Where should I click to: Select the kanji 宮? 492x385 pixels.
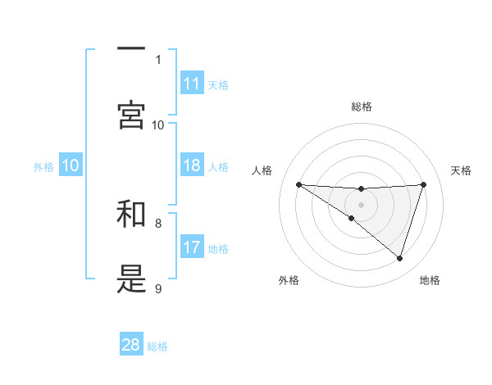[131, 114]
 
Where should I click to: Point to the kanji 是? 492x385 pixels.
[131, 279]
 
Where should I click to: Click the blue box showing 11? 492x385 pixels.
[192, 84]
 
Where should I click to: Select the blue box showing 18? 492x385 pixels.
[192, 165]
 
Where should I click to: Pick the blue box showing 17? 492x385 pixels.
[192, 247]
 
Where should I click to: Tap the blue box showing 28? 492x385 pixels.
[131, 345]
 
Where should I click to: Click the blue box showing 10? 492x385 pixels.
[71, 165]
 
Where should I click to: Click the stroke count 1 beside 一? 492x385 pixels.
[158, 59]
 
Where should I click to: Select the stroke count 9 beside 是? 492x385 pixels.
[158, 288]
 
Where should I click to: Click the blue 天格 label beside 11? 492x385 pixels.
[218, 84]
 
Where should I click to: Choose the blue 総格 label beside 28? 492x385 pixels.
[157, 346]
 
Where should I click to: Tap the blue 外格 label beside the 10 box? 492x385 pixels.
[43, 166]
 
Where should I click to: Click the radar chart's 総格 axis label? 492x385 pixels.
[362, 106]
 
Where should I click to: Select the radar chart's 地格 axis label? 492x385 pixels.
[430, 280]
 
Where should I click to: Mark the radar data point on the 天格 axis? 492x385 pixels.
[424, 184]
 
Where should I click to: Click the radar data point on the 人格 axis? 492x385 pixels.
[298, 184]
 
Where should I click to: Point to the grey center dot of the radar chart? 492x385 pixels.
[362, 205]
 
